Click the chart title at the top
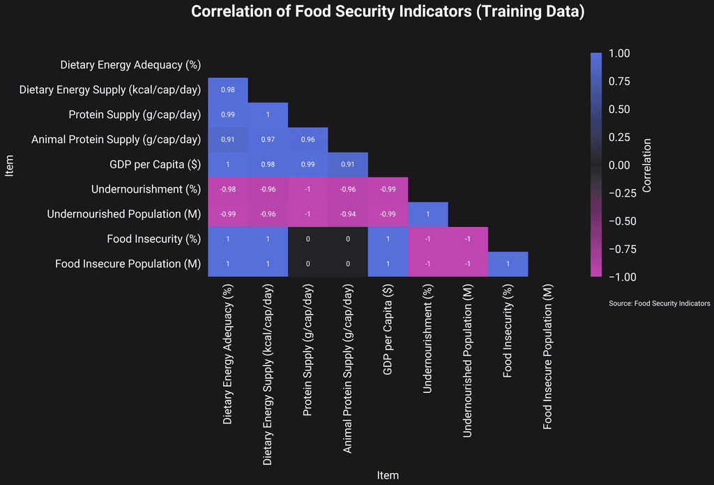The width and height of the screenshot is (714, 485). (x=388, y=12)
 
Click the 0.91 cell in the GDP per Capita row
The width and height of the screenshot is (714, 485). (x=348, y=165)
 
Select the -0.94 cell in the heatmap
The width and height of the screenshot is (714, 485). (x=348, y=214)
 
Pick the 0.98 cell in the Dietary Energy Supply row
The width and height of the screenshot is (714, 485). (x=227, y=90)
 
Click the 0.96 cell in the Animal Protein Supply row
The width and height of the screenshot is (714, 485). (x=307, y=140)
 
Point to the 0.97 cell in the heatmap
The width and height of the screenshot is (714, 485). (x=268, y=140)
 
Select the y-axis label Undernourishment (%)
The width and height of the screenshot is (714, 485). (x=146, y=190)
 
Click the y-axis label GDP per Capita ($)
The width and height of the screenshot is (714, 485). (x=155, y=165)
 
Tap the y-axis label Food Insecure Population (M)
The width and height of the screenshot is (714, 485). (x=128, y=264)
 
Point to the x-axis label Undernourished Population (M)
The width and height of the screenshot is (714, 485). (x=468, y=361)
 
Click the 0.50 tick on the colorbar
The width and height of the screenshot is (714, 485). (x=619, y=110)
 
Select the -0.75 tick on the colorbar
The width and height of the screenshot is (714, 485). (x=623, y=249)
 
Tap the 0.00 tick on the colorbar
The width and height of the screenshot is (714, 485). (x=619, y=165)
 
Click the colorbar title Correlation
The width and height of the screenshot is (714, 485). (x=646, y=165)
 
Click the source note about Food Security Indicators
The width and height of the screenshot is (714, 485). (x=659, y=304)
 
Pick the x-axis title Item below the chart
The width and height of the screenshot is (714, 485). (x=388, y=475)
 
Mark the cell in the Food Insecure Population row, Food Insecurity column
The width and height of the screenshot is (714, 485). (x=508, y=264)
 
